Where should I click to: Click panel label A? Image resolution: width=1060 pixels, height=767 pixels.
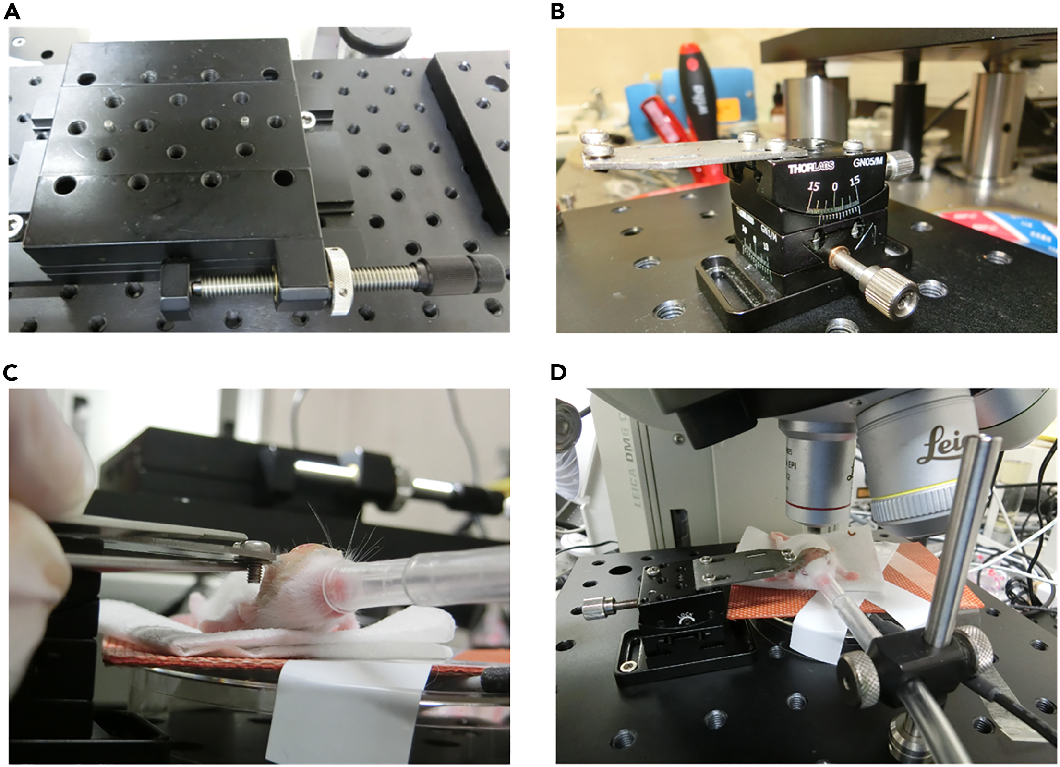[x=12, y=12]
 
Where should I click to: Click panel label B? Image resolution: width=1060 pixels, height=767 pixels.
[x=557, y=12]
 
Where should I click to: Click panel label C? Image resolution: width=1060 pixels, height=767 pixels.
[x=11, y=372]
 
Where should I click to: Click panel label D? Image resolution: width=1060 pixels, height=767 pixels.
[x=558, y=372]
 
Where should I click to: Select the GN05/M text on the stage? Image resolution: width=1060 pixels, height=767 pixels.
[x=867, y=163]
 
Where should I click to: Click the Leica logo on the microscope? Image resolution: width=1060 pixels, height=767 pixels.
[x=943, y=447]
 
